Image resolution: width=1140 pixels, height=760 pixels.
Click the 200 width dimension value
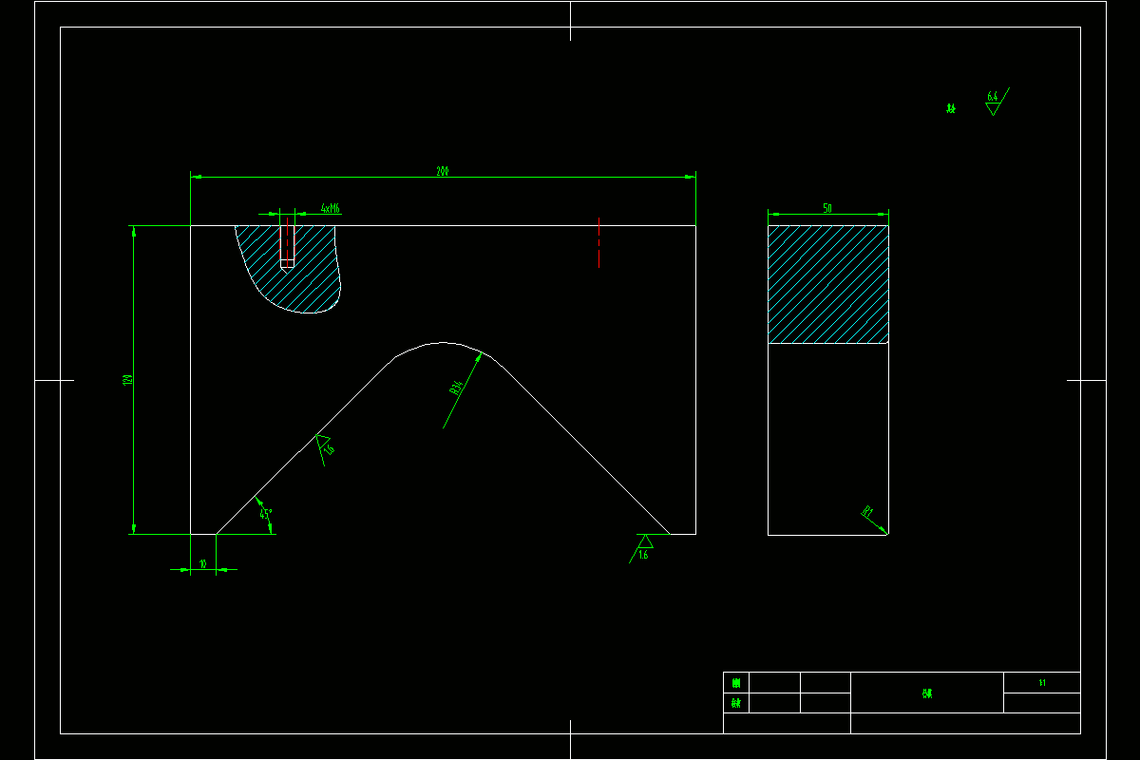click(443, 172)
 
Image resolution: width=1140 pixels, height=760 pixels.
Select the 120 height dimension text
click(127, 380)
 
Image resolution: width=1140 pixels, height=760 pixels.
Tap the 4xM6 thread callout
click(331, 208)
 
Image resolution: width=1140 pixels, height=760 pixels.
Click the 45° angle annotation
click(266, 514)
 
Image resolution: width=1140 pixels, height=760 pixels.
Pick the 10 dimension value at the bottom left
click(203, 564)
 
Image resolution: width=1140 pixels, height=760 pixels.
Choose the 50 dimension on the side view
click(827, 208)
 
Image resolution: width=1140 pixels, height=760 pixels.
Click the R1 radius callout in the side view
click(867, 513)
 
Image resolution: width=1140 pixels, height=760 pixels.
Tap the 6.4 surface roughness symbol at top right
click(994, 102)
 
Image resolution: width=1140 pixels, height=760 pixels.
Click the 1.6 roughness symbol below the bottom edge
click(643, 547)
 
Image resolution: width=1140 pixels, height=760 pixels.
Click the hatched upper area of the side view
click(827, 284)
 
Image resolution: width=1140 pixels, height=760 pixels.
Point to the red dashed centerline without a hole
click(598, 242)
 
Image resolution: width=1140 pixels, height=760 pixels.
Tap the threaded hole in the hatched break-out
click(287, 244)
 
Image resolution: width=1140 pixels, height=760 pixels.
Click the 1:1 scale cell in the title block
click(1042, 682)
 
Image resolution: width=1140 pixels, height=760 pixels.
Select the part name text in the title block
click(927, 693)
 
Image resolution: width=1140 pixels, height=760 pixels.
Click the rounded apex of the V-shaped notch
click(439, 344)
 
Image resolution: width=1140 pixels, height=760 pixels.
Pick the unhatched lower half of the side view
click(827, 438)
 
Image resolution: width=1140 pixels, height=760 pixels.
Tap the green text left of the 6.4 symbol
click(951, 108)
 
